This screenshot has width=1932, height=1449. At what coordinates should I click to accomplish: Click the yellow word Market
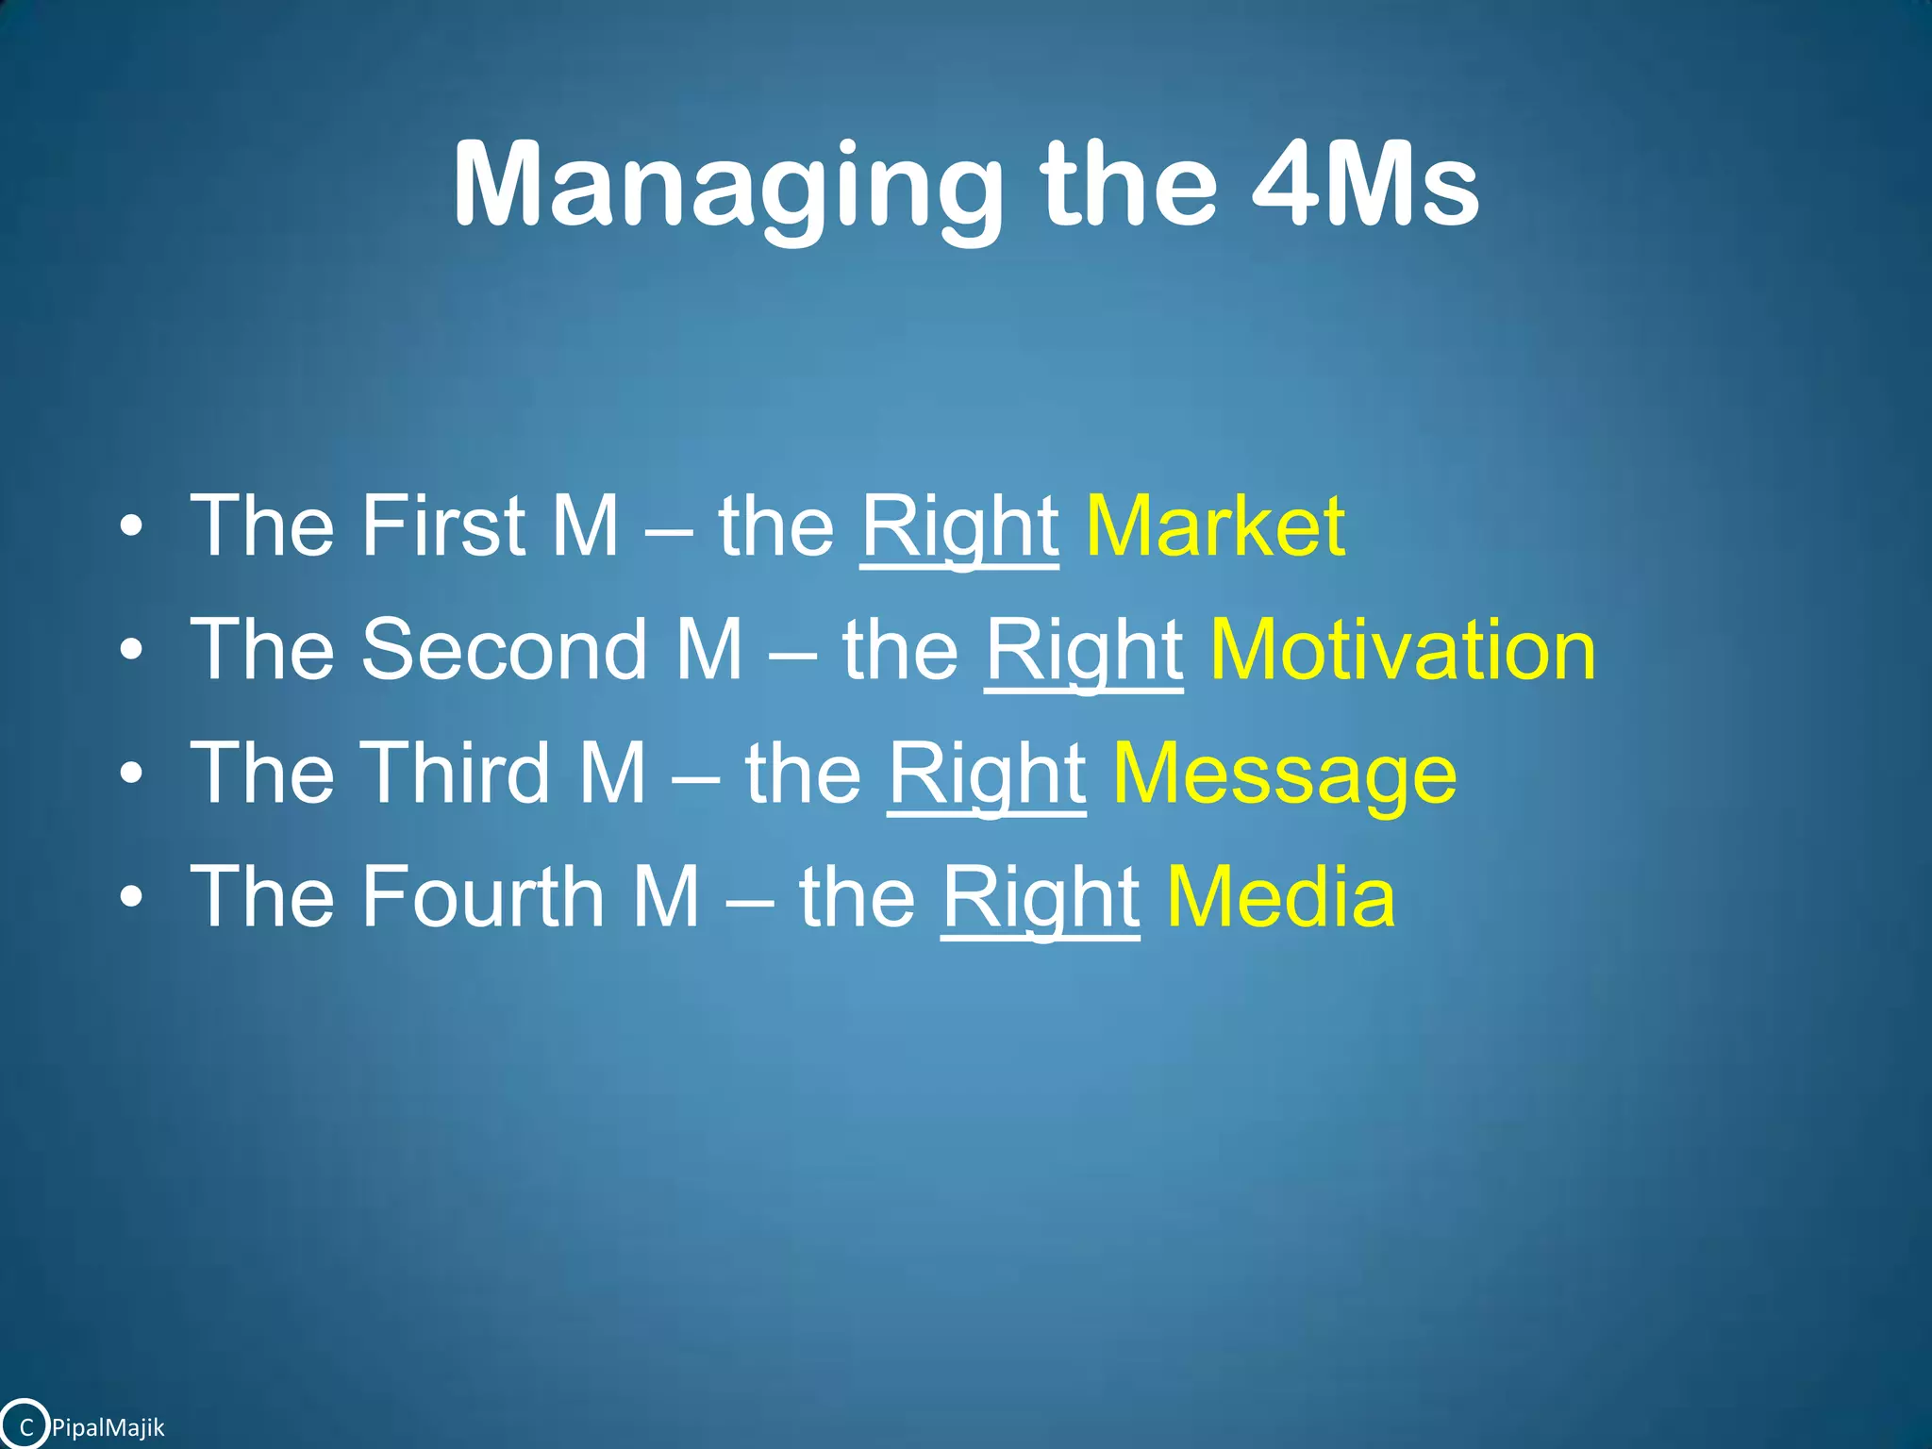pyautogui.click(x=1215, y=525)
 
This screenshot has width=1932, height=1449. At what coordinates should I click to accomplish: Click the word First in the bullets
pyautogui.click(x=442, y=525)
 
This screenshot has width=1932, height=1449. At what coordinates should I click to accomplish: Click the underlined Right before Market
pyautogui.click(x=959, y=527)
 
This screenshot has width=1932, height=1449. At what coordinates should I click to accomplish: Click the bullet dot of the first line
pyautogui.click(x=132, y=527)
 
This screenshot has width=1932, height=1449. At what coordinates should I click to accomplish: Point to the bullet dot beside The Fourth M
pyautogui.click(x=132, y=898)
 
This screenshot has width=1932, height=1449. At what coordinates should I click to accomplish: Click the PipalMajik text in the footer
pyautogui.click(x=108, y=1427)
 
